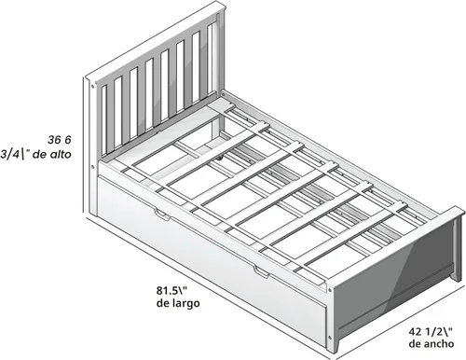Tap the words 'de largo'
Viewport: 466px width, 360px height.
(x=178, y=303)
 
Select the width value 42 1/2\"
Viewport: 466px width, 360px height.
(x=430, y=332)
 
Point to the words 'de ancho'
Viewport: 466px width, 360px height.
(x=432, y=344)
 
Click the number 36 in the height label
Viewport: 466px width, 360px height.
(x=54, y=140)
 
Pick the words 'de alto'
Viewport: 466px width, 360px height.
(x=52, y=154)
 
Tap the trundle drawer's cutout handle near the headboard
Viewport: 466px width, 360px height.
(x=162, y=215)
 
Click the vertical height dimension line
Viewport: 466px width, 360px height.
(x=84, y=146)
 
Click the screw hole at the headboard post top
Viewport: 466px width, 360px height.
(x=91, y=87)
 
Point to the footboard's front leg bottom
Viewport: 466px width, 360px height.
(x=334, y=350)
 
